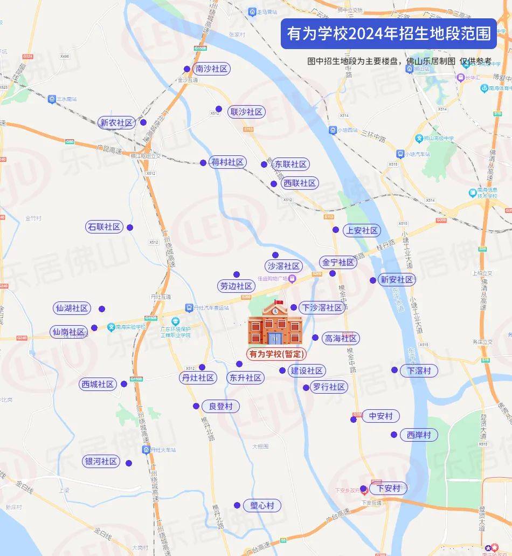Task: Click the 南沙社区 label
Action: [x=212, y=69]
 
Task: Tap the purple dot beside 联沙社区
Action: [x=219, y=109]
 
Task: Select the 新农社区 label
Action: [x=116, y=123]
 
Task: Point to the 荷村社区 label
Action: [x=228, y=162]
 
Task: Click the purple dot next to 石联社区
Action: [x=129, y=228]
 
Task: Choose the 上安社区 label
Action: [x=362, y=231]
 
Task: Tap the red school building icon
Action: [x=275, y=323]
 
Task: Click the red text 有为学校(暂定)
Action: [x=276, y=354]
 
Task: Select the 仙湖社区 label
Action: [x=72, y=308]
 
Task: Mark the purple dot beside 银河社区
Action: [x=129, y=463]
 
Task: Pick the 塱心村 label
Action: [x=262, y=506]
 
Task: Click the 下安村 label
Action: [x=388, y=489]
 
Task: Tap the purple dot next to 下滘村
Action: [x=395, y=370]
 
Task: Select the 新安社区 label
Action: [x=397, y=280]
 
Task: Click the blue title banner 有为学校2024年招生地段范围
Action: [x=389, y=34]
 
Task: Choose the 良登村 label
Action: [x=221, y=407]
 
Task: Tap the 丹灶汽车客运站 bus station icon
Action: [x=189, y=308]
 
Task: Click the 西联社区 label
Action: [x=300, y=183]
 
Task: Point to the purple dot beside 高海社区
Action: [x=315, y=338]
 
